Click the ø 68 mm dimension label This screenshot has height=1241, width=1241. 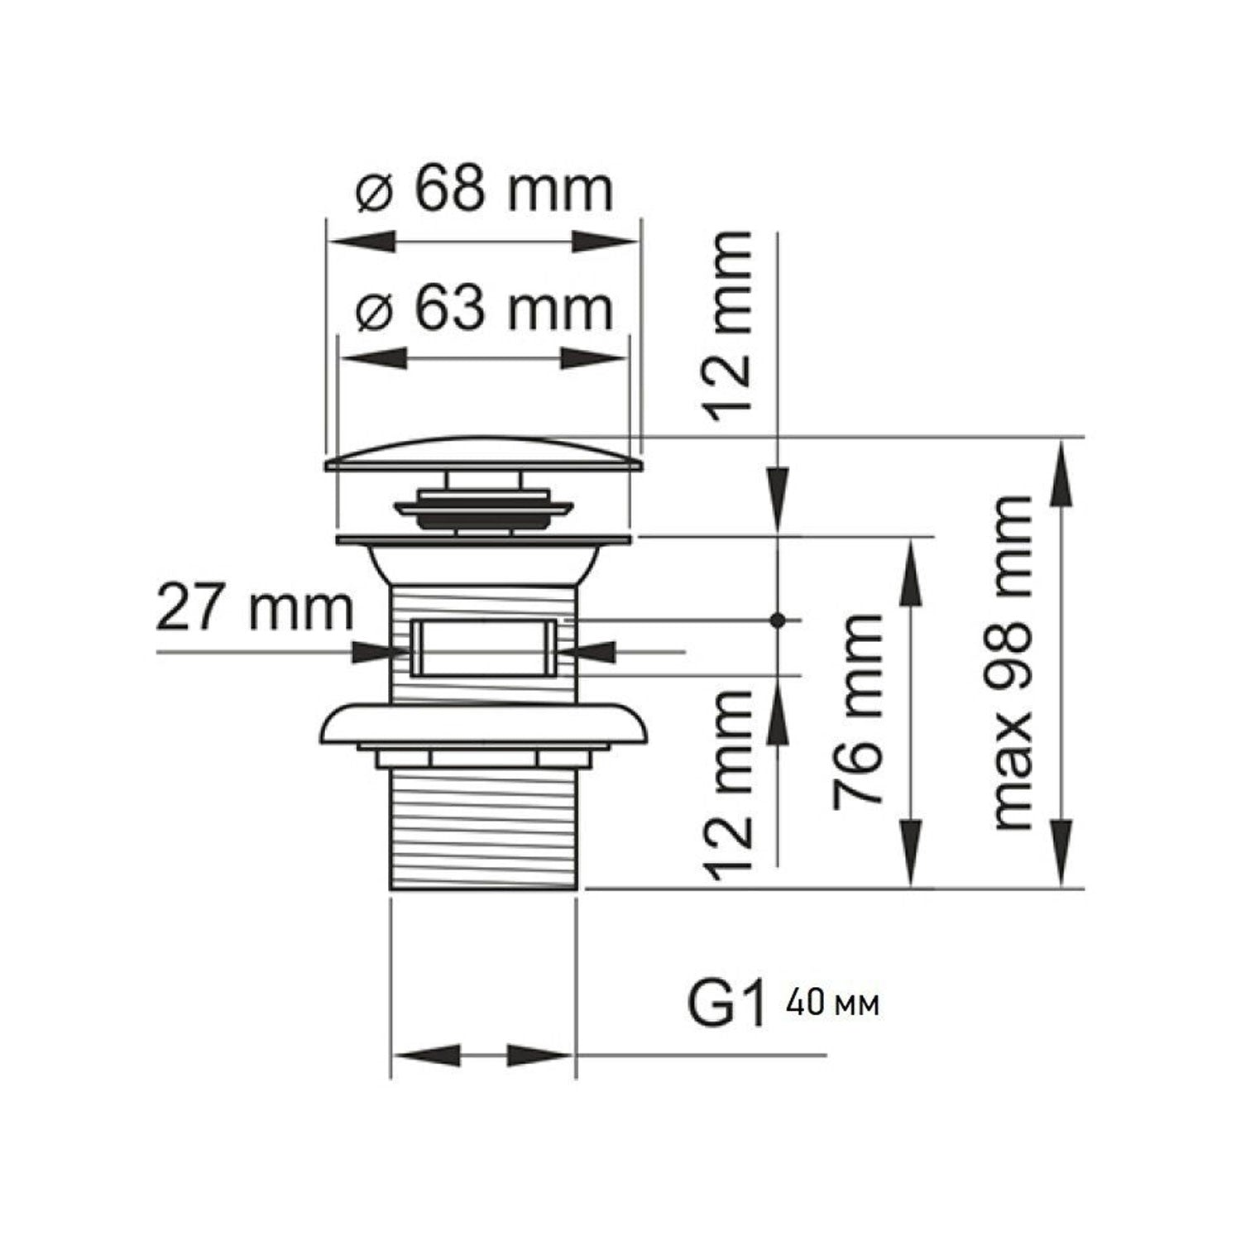coord(485,190)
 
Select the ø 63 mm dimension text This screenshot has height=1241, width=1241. coord(485,310)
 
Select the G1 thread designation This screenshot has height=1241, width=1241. coord(726,1004)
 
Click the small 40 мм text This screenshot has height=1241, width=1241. coord(833,1005)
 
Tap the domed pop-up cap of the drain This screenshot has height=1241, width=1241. coord(484,452)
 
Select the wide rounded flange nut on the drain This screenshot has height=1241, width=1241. coord(483,723)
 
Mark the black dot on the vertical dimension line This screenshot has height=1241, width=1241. coord(777,619)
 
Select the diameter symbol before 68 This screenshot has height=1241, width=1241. coord(373,194)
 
